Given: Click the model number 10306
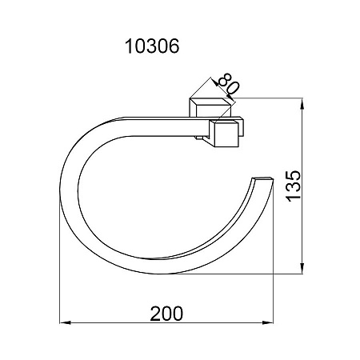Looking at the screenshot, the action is pyautogui.click(x=152, y=46).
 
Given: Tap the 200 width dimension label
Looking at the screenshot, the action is pyautogui.click(x=166, y=314).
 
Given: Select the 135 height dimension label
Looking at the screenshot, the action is pyautogui.click(x=293, y=186).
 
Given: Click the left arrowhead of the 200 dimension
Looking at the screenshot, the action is pyautogui.click(x=65, y=322).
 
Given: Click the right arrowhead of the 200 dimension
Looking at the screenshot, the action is pyautogui.click(x=268, y=322).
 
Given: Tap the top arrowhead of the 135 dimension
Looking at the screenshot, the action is pyautogui.click(x=302, y=104).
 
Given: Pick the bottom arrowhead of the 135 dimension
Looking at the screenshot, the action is pyautogui.click(x=302, y=268).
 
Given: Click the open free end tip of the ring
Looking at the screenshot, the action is pyautogui.click(x=263, y=179).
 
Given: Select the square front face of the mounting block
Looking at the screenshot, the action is pyautogui.click(x=226, y=134).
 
